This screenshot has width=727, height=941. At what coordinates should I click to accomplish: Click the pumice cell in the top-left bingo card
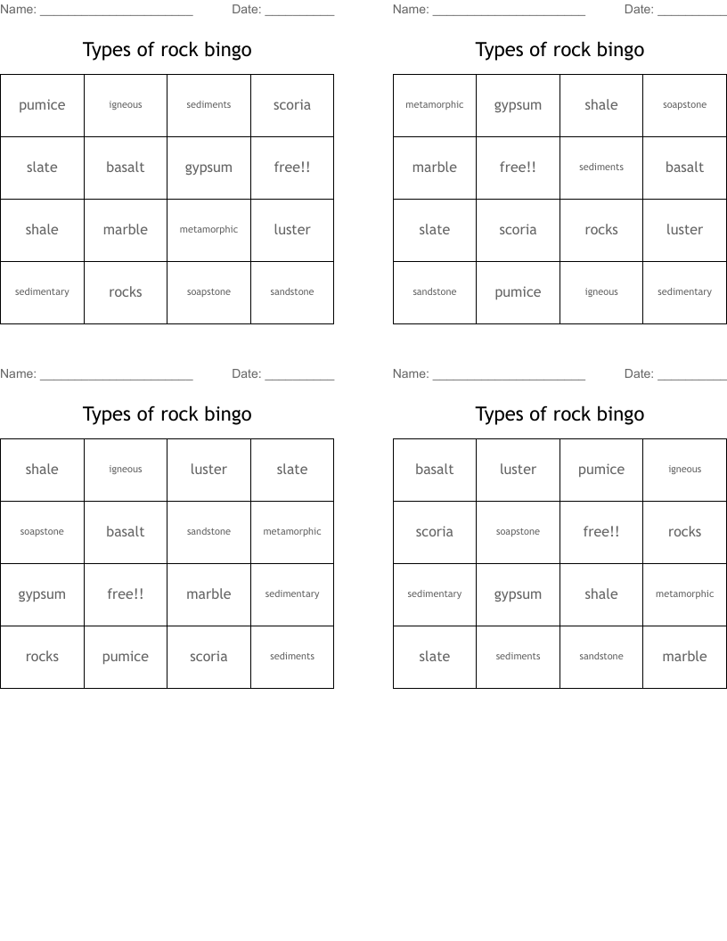coord(42,105)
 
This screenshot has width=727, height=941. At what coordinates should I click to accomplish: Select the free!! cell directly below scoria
coord(292,168)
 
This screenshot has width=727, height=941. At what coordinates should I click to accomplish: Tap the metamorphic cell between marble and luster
coord(208,230)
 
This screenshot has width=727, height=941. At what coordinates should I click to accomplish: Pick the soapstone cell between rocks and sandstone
coord(208,292)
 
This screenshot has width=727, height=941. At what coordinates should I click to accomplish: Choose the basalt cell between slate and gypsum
coord(126,168)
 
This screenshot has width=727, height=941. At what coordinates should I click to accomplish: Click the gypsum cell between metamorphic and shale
coord(518,105)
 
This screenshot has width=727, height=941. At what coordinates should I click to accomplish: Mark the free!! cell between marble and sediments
coord(518,168)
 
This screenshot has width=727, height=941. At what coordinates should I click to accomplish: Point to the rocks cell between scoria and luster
coord(601,230)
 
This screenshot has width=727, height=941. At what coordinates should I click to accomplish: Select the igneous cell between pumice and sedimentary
coord(601,292)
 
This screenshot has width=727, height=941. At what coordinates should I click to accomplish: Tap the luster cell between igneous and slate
coord(208,470)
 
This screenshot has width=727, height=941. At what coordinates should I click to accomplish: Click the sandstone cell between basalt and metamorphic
coord(208,532)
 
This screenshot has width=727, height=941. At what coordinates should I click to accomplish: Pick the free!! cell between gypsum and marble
coord(126,594)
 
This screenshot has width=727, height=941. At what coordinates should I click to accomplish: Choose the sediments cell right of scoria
coord(292,657)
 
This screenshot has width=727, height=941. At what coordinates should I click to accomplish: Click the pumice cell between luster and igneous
coord(601,470)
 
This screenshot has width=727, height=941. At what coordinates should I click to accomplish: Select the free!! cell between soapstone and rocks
coord(601,532)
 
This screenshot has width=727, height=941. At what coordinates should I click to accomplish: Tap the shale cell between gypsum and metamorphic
coord(601,594)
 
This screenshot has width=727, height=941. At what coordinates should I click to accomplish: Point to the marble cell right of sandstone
coord(684,657)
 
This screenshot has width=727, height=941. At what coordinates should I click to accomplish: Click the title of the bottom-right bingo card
coord(560,414)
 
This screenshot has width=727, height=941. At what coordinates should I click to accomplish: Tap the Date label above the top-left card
coord(246,10)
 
